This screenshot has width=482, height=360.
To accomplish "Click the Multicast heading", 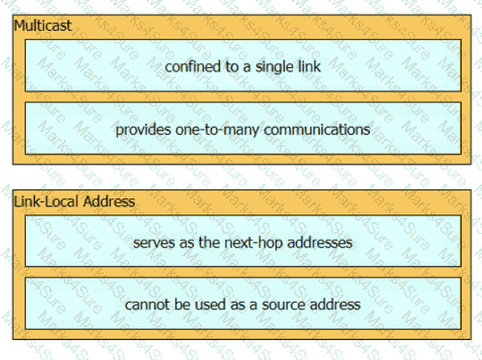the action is tap(43, 25).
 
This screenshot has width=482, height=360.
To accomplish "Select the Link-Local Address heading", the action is tap(74, 201).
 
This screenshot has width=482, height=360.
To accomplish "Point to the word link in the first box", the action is tap(308, 66).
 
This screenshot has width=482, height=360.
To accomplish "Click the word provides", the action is tap(144, 130).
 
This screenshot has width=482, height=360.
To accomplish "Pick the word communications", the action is tap(317, 129).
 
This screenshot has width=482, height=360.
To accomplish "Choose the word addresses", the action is tap(319, 243).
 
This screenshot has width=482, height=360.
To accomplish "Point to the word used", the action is tap(210, 305).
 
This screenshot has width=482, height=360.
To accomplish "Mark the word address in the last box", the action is tap(335, 305).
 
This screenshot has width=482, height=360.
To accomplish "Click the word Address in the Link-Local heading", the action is tap(109, 201).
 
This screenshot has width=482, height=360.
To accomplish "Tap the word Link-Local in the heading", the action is tap(47, 201).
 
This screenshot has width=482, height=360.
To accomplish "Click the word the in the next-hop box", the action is tap(209, 243).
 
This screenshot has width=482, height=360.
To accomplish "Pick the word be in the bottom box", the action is tap(184, 305).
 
